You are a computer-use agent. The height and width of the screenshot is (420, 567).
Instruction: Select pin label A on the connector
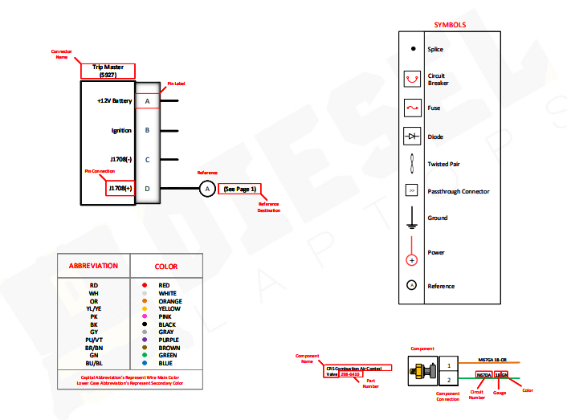tap(148, 101)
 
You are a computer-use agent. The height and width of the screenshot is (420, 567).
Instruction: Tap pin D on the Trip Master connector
tap(147, 189)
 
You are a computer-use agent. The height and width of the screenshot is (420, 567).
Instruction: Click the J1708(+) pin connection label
tap(120, 189)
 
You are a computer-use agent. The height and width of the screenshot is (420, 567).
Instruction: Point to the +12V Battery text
tap(114, 101)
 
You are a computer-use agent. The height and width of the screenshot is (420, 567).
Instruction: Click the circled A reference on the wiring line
tap(206, 189)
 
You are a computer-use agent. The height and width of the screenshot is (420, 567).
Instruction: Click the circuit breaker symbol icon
tap(412, 80)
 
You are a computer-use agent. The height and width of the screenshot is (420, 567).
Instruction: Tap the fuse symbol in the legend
tap(412, 108)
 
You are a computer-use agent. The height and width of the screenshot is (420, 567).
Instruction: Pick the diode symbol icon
tap(412, 137)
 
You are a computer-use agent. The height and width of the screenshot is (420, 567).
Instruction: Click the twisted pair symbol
tap(412, 164)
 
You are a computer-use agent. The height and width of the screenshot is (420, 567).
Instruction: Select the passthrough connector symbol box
tap(412, 191)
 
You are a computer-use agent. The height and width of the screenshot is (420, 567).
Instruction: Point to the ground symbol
tap(412, 218)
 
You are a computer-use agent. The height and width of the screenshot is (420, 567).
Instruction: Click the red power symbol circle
tap(412, 260)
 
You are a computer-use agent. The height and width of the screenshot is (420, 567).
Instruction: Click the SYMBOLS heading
tap(450, 25)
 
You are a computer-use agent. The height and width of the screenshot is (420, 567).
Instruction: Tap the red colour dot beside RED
tap(143, 285)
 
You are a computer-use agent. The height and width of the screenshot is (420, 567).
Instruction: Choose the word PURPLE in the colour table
tap(170, 340)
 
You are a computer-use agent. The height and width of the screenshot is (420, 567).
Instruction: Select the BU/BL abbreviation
tap(94, 363)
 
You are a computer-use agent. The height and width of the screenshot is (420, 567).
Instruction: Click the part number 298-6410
tap(350, 374)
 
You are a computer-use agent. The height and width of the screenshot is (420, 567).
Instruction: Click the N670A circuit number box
tap(484, 375)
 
